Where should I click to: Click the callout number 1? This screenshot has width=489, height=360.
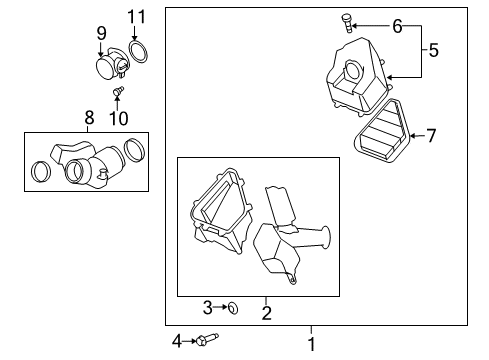point(310,343)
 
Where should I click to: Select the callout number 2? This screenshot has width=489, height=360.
point(266,314)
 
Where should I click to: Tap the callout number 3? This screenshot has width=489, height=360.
point(207,306)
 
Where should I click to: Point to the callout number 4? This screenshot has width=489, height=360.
point(177,341)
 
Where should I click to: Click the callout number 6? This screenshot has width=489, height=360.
point(397,25)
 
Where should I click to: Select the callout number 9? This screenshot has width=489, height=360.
point(101,32)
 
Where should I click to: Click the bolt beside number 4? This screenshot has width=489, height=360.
point(205,341)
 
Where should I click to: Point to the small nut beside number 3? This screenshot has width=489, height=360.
point(230,307)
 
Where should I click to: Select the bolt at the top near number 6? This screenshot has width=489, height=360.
point(374,19)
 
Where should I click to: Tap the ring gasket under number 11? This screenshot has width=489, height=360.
point(142,50)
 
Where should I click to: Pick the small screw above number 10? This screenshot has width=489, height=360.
point(118,92)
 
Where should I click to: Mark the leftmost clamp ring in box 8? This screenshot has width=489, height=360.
point(42,171)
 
